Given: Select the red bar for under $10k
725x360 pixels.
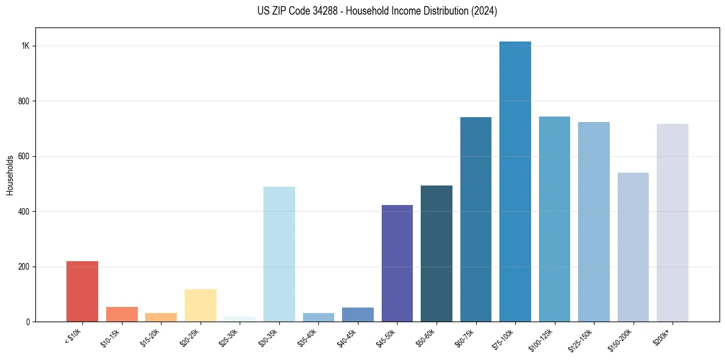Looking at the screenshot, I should (x=82, y=291).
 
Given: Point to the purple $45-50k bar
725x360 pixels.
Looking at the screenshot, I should (x=397, y=263).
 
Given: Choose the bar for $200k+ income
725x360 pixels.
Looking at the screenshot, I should (x=673, y=223).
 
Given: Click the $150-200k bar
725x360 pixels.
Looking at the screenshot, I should (x=633, y=247).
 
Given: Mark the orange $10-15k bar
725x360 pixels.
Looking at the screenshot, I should (x=122, y=314).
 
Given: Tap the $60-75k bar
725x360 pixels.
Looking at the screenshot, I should (x=476, y=219).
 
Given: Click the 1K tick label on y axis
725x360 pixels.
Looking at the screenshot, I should (x=26, y=46).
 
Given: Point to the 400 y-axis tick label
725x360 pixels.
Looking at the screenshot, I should (x=24, y=212).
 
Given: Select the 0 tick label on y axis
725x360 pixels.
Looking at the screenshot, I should (x=28, y=322).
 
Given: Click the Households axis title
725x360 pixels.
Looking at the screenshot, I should (x=10, y=175).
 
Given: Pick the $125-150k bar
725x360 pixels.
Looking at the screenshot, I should (x=594, y=221).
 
